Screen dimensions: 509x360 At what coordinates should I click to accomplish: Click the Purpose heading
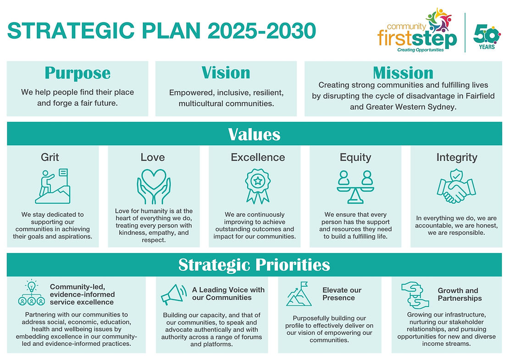pos(77,73)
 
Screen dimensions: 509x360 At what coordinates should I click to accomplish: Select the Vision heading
pos(226,72)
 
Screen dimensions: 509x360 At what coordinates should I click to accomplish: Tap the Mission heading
pos(403,73)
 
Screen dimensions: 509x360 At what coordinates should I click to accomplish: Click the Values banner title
pos(254,134)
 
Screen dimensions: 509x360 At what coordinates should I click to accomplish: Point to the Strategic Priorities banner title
pos(254,265)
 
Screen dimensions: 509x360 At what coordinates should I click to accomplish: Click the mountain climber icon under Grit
pos(53,186)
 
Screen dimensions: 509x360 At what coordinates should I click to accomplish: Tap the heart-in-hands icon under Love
pos(154,187)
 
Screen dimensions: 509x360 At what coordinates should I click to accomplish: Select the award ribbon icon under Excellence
pos(258,186)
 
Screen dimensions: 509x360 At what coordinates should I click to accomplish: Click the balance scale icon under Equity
pos(355,187)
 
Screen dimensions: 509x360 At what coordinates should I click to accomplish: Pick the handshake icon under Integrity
pos(456,186)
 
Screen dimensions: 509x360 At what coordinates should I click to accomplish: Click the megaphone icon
pos(174,294)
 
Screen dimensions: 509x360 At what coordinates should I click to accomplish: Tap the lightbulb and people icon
pos(32,292)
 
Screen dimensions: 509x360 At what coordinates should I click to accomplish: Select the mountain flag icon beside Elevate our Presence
pos(299,294)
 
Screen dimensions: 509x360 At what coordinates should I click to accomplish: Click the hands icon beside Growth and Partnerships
pos(415,295)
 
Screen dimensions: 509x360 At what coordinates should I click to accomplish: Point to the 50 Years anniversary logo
pos(487,37)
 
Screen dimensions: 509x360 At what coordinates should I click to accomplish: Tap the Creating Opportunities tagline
pos(420,50)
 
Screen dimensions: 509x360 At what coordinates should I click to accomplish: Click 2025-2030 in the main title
pos(262,31)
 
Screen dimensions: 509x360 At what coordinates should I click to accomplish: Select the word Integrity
pos(457,157)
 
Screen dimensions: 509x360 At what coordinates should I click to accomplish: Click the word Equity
pos(355,157)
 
